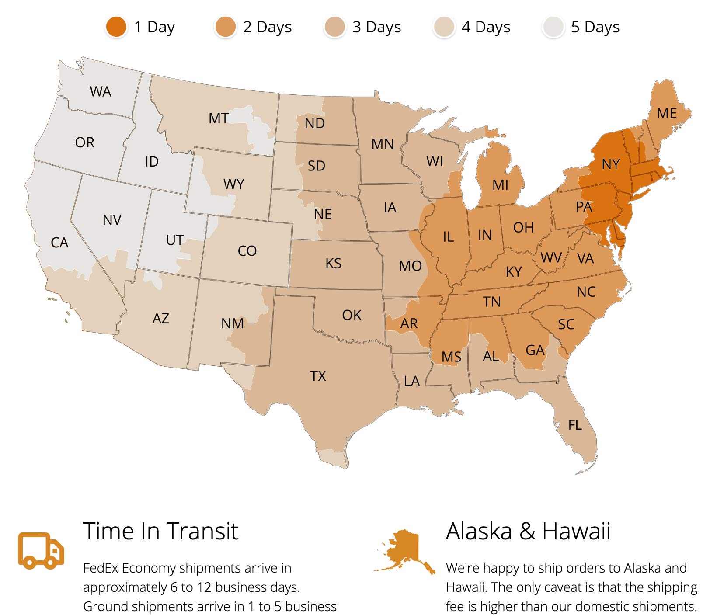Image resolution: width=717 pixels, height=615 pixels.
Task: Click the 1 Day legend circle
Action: (116, 27)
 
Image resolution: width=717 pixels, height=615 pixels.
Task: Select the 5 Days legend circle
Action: (553, 27)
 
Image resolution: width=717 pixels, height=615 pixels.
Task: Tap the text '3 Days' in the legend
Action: (376, 27)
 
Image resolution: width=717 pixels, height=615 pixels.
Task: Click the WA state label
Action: (101, 92)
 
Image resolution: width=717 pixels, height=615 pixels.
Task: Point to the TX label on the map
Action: (318, 376)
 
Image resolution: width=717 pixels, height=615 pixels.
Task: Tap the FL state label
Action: (574, 425)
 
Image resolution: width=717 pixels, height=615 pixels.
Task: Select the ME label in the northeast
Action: (666, 114)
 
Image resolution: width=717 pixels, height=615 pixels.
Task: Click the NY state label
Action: (610, 164)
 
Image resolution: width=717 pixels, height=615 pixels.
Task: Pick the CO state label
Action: (247, 251)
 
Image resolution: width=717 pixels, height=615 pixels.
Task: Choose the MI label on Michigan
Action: (500, 185)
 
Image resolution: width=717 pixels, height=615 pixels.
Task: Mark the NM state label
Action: (232, 324)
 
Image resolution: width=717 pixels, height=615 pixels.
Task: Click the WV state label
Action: (551, 258)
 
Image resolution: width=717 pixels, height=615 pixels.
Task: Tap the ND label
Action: (314, 124)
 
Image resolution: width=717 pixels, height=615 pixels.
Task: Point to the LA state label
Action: (411, 382)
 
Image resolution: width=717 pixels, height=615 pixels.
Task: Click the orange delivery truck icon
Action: (41, 550)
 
